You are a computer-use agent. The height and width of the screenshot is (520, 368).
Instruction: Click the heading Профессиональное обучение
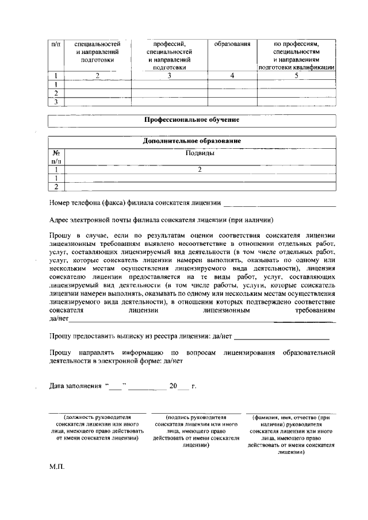(191, 120)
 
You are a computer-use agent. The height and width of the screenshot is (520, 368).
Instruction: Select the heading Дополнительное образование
(191, 141)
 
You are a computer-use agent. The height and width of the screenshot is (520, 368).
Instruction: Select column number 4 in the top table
(232, 75)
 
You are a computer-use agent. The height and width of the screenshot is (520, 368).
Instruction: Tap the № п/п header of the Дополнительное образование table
(56, 157)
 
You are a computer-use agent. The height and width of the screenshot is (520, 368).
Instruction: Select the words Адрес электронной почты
(92, 219)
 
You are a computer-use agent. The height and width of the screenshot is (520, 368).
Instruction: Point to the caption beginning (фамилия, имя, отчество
(291, 434)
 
